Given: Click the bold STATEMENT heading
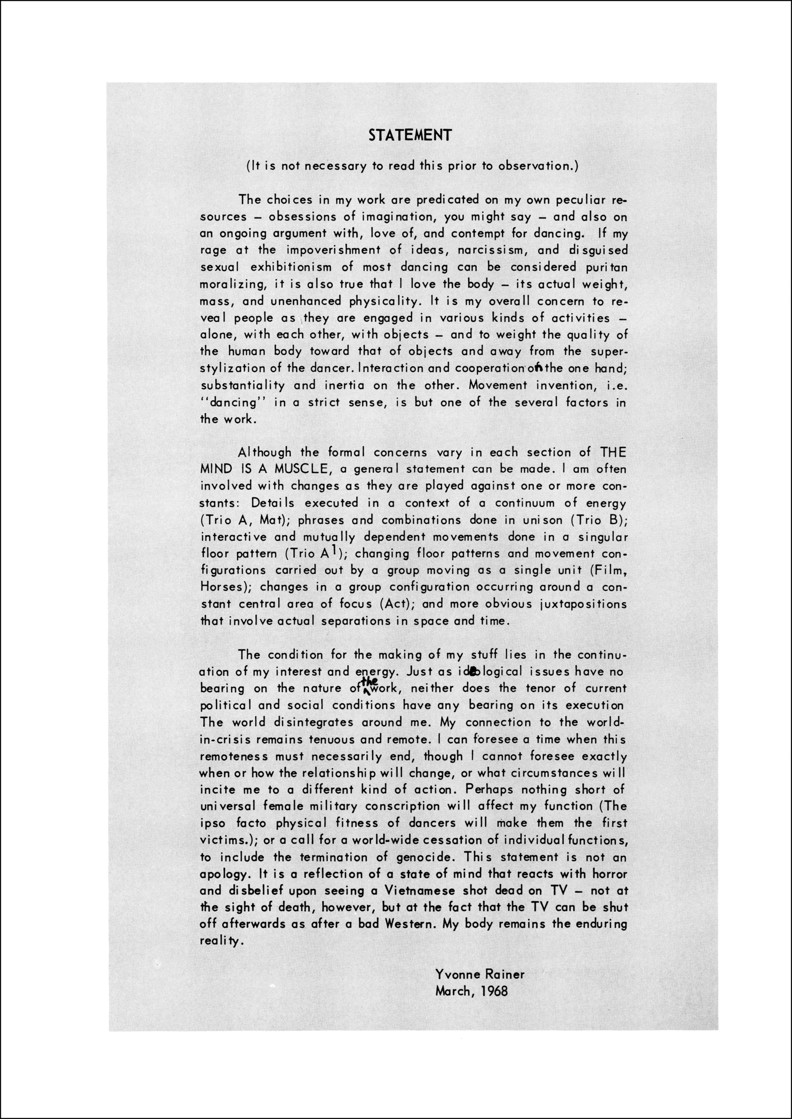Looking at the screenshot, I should click(x=410, y=135).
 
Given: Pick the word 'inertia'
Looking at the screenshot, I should click(x=344, y=385).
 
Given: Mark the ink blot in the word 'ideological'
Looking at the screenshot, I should click(x=472, y=672).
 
